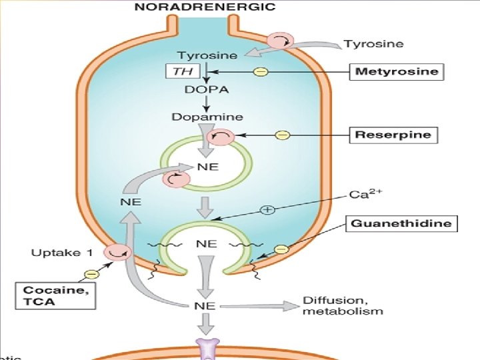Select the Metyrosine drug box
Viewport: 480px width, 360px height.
pyautogui.click(x=397, y=71)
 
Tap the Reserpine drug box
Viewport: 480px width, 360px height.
pyautogui.click(x=394, y=135)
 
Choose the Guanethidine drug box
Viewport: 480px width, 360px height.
pyautogui.click(x=403, y=223)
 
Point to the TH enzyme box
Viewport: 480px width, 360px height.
pyautogui.click(x=179, y=71)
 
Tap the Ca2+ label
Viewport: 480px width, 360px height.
pyautogui.click(x=363, y=195)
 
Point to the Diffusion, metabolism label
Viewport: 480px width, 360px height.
pyautogui.click(x=343, y=306)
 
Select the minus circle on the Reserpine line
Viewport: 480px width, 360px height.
pyautogui.click(x=283, y=135)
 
